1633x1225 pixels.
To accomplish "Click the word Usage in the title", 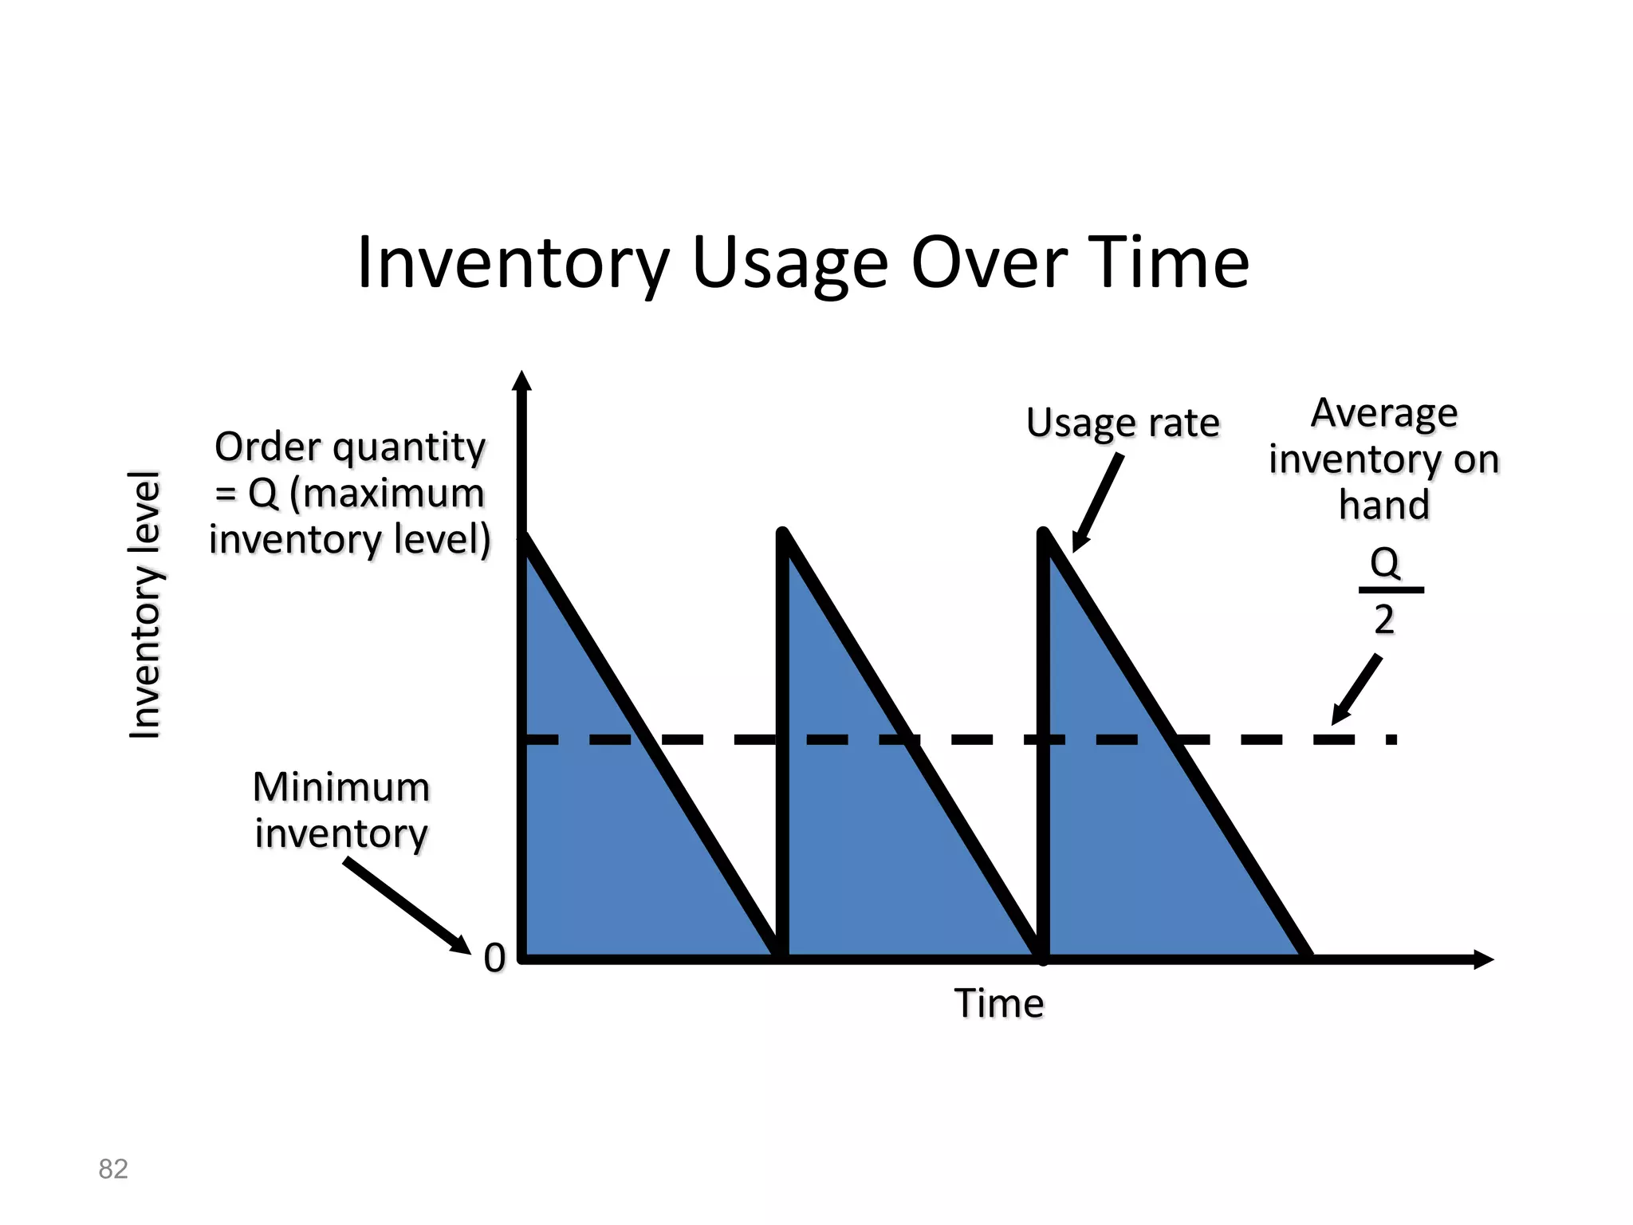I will pos(789,263).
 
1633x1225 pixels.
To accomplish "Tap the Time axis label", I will pos(999,1003).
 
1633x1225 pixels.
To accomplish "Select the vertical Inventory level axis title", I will pos(146,605).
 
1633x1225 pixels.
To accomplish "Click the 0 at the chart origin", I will pos(494,957).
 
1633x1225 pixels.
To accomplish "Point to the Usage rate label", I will pos(1123,423).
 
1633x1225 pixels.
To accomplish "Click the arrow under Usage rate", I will pos(1099,502).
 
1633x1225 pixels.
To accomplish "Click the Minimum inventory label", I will pos(341,809).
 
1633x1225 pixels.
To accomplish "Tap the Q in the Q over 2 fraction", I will pos(1385,563).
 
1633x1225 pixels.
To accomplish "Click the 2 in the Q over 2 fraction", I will pos(1384,620).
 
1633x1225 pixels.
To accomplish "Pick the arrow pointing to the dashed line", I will pos(1356,691).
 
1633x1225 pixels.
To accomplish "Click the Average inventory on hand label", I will pos(1384,459).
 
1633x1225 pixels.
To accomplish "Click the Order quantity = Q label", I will pos(349,493).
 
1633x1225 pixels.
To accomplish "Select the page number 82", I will pos(112,1169).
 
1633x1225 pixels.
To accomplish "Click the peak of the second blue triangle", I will pos(784,533).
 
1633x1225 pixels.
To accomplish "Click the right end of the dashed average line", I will pos(1391,739).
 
